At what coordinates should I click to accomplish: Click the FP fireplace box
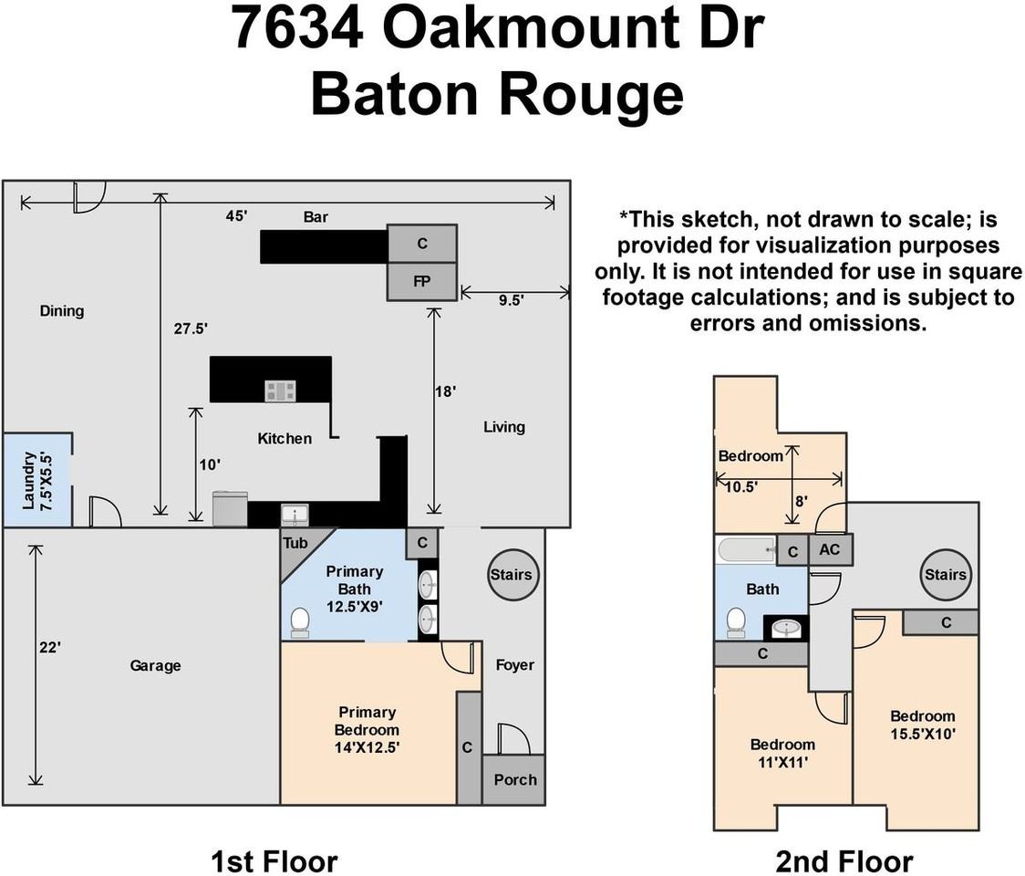(x=421, y=281)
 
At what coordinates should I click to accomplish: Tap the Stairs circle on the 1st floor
(x=511, y=575)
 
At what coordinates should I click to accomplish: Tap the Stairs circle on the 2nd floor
(x=945, y=575)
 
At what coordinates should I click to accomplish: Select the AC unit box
(x=830, y=550)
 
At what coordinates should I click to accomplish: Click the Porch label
(x=514, y=779)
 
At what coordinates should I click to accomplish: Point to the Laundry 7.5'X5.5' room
(x=36, y=480)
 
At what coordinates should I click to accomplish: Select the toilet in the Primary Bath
(x=299, y=622)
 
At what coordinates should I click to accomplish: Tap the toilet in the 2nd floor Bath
(x=736, y=622)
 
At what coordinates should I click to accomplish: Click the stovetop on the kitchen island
(x=280, y=391)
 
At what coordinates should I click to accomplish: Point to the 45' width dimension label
(x=237, y=217)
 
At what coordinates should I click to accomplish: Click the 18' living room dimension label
(x=446, y=391)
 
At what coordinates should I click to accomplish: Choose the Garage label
(x=155, y=666)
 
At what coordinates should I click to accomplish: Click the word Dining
(x=62, y=311)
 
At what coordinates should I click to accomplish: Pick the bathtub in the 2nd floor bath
(x=746, y=550)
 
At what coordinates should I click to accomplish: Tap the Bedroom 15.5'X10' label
(x=922, y=725)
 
